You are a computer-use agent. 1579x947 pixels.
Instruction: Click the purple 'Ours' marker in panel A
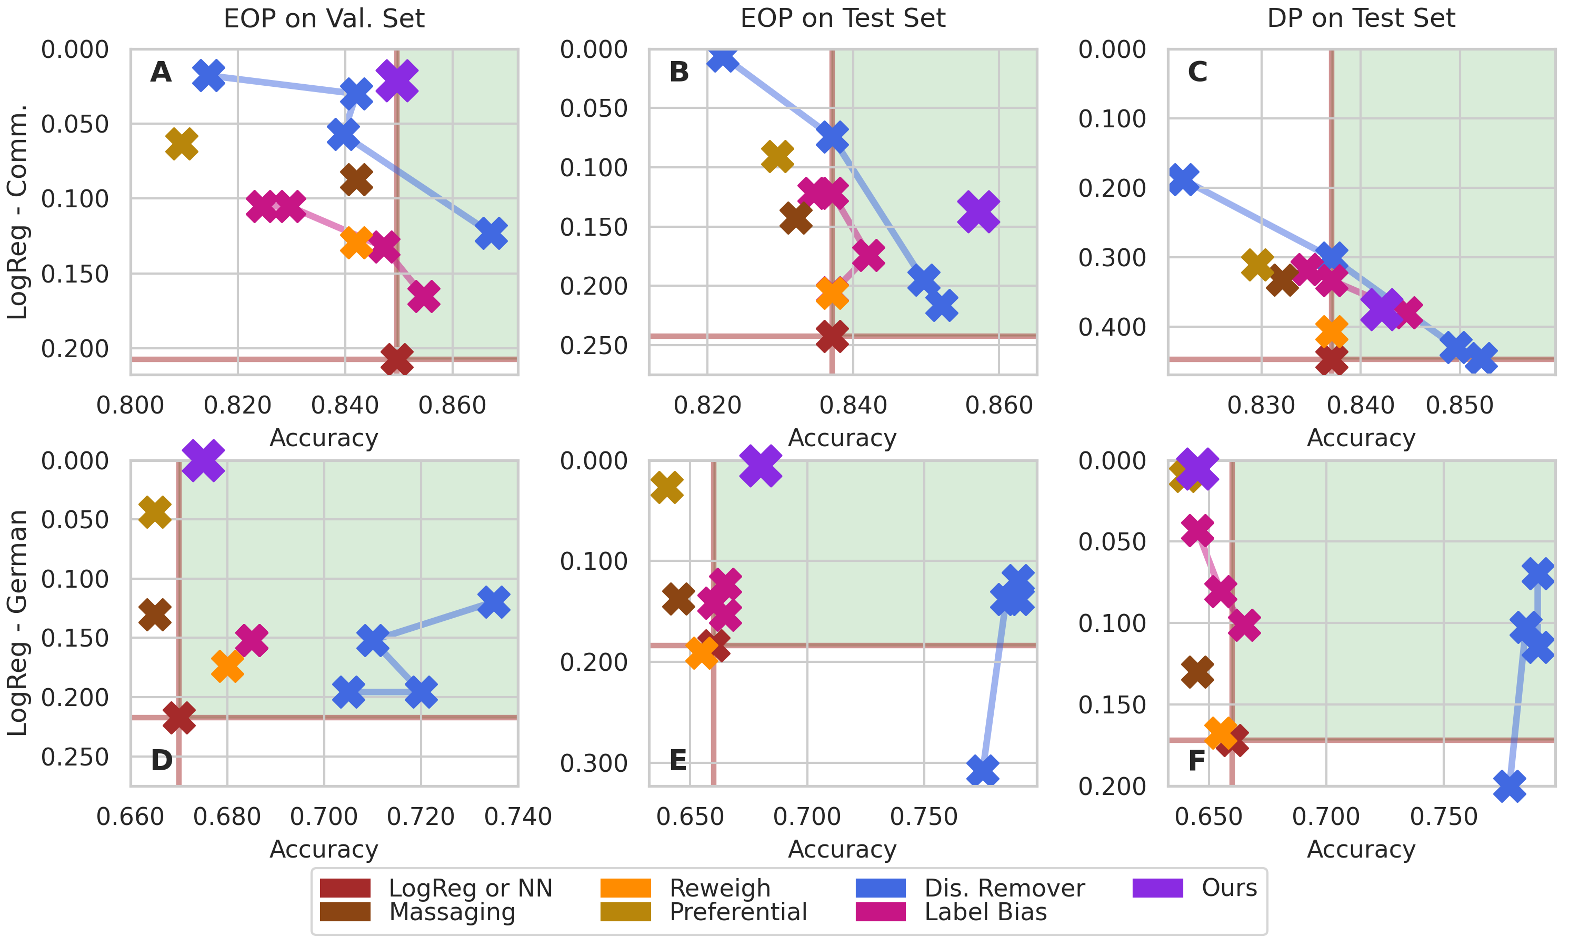pyautogui.click(x=397, y=81)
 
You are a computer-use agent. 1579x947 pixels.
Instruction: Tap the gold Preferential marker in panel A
pyautogui.click(x=181, y=144)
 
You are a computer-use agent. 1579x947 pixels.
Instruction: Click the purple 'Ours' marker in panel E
pyautogui.click(x=761, y=465)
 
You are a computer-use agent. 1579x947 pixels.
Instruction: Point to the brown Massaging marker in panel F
pyautogui.click(x=1197, y=671)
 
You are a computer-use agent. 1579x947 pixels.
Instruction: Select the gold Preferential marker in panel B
pyautogui.click(x=777, y=156)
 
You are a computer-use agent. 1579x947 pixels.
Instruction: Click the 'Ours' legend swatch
pyautogui.click(x=1157, y=888)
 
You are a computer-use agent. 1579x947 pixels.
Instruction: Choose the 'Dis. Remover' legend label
pyautogui.click(x=1004, y=888)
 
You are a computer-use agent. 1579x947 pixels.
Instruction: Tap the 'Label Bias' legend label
pyautogui.click(x=985, y=912)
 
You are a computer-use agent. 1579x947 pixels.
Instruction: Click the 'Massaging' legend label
pyautogui.click(x=452, y=912)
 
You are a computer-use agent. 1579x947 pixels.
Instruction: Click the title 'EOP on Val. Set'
pyautogui.click(x=324, y=18)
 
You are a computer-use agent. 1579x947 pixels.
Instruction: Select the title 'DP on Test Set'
pyautogui.click(x=1361, y=18)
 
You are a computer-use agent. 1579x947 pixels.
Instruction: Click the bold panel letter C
pyautogui.click(x=1197, y=72)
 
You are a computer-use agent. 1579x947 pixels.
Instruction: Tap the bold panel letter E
pyautogui.click(x=678, y=760)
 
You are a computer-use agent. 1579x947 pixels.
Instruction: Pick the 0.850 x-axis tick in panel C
pyautogui.click(x=1460, y=405)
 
